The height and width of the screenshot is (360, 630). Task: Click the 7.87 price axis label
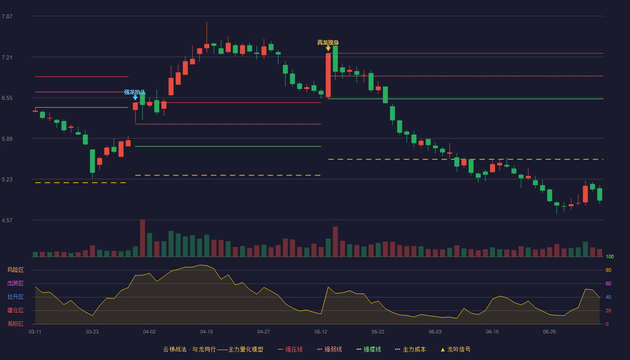7,16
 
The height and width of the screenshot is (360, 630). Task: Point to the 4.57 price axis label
7,220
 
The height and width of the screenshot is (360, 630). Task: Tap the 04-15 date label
207,332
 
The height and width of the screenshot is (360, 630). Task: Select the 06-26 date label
549,332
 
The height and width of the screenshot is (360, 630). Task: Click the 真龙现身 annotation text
328,42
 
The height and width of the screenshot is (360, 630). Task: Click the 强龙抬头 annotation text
135,92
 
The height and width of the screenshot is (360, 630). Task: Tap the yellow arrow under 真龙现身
328,49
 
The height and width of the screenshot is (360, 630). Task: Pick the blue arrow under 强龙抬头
135,98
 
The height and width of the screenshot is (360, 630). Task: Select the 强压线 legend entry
290,349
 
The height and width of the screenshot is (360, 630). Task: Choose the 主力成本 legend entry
410,349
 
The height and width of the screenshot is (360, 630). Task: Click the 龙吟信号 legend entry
455,349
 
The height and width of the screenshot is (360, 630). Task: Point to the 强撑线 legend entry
369,349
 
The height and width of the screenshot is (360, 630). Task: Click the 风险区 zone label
15,270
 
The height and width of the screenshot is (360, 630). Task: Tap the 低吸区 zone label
15,324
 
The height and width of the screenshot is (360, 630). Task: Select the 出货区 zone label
15,283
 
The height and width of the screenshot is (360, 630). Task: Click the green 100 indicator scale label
610,256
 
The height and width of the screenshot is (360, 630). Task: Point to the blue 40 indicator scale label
608,297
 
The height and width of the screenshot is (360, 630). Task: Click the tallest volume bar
142,238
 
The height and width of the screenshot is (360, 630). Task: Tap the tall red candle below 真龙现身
328,75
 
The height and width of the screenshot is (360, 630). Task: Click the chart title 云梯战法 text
175,349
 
